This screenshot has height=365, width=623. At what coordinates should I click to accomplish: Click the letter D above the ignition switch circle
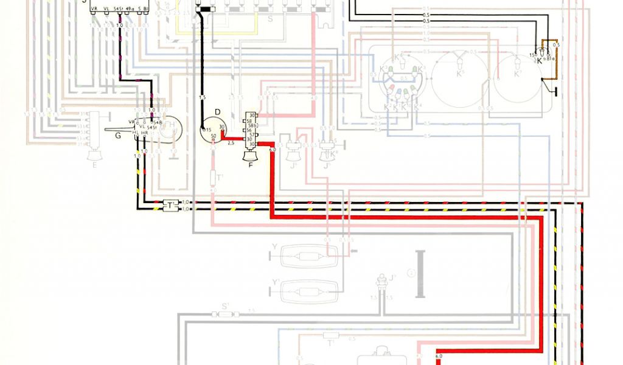click(217, 111)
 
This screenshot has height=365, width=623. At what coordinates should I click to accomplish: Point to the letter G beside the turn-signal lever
click(118, 135)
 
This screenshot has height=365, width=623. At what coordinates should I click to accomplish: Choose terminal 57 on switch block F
click(252, 134)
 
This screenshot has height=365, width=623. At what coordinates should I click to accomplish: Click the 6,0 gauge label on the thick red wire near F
click(272, 148)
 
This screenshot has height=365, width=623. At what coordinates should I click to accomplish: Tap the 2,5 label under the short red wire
click(231, 144)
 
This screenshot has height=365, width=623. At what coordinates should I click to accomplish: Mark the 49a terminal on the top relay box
click(130, 9)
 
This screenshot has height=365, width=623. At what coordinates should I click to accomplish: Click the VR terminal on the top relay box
click(94, 9)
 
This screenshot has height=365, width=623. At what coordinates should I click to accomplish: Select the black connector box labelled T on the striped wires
click(171, 206)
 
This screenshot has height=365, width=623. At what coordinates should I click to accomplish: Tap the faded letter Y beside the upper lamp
click(275, 248)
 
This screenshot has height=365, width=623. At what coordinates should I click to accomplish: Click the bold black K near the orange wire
click(540, 61)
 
